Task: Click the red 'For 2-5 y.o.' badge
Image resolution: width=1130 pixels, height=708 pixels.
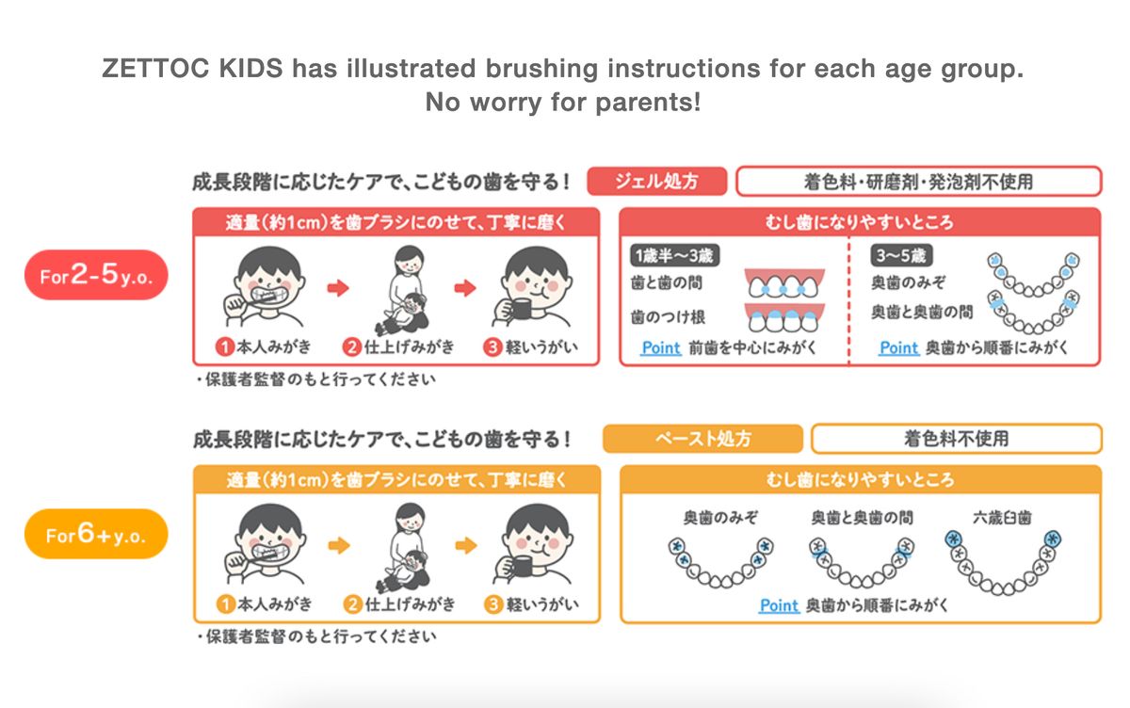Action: [96, 275]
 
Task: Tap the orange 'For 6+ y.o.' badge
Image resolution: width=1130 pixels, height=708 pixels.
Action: [96, 534]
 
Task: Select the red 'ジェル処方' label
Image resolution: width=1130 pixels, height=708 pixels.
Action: [657, 181]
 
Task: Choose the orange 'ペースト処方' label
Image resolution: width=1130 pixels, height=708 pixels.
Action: [702, 439]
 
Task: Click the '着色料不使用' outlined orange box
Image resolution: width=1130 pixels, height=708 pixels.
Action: [957, 439]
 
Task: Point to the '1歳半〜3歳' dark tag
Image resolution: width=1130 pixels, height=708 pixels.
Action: [674, 256]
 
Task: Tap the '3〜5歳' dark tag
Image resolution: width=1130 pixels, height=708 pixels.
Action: [901, 255]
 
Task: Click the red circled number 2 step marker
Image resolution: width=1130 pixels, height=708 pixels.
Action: [352, 347]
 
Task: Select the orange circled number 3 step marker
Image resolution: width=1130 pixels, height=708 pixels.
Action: [493, 604]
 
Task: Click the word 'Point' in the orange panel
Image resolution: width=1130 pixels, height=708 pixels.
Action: [780, 605]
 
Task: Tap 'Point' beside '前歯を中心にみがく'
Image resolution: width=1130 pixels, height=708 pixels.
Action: [661, 347]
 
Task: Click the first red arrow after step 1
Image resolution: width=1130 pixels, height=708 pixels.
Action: [338, 288]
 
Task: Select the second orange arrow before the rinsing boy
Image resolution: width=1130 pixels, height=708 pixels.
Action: [466, 545]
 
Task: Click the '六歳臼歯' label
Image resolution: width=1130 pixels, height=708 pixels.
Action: [1002, 518]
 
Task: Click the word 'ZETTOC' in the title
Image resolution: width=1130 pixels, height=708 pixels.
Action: [155, 68]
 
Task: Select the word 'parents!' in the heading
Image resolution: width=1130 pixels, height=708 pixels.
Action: [648, 103]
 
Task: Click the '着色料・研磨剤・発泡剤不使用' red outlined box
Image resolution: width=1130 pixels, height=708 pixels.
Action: [919, 181]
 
